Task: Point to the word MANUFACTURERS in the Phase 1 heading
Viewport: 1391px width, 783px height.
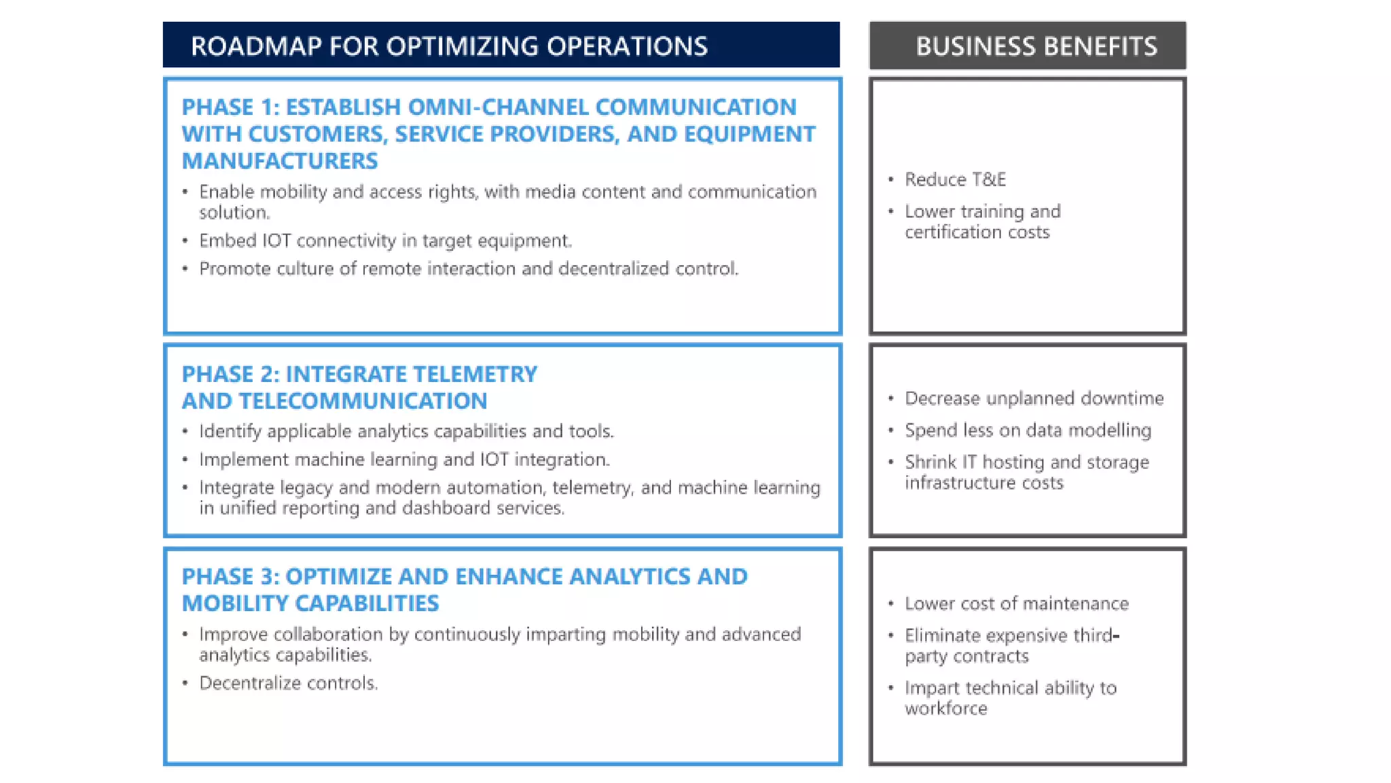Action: point(280,161)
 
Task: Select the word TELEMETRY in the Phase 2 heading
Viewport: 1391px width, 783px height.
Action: point(475,375)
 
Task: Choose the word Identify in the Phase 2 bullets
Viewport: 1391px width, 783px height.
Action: point(230,432)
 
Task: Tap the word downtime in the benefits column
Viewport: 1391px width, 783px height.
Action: point(1122,398)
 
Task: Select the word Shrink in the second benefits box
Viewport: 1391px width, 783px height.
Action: point(931,462)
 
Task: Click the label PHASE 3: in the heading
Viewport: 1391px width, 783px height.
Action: point(230,577)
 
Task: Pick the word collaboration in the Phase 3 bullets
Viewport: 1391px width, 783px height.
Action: point(328,635)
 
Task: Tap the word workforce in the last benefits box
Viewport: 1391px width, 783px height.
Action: point(946,709)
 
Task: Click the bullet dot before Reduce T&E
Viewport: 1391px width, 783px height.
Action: point(891,179)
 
